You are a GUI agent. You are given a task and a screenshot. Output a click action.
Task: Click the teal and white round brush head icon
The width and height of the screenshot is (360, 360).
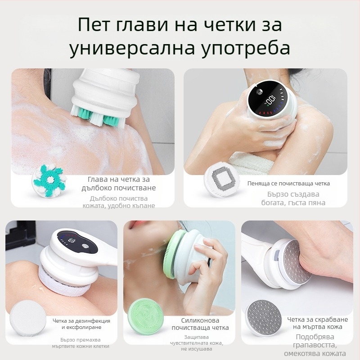[x=49, y=181]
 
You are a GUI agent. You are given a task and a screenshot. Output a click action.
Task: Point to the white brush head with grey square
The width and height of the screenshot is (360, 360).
[x=222, y=182]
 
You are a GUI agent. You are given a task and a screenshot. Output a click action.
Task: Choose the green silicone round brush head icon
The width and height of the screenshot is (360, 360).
[x=145, y=318]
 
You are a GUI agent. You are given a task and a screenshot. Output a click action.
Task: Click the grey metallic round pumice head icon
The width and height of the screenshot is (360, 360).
[x=263, y=318]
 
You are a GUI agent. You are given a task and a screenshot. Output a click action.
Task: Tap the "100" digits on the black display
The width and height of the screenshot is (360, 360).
[x=270, y=101]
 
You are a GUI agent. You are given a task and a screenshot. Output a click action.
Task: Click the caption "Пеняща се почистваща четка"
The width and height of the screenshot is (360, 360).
[x=288, y=184]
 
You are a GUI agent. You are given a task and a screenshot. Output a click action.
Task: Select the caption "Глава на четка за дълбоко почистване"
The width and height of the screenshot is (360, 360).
[x=119, y=184]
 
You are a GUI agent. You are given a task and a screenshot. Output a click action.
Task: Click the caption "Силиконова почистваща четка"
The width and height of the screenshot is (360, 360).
[x=200, y=324]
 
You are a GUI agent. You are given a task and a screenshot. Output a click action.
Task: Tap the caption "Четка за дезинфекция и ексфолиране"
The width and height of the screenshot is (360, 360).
[x=81, y=324]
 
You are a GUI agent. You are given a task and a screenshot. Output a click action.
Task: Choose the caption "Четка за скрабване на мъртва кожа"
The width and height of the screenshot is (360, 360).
[x=318, y=323]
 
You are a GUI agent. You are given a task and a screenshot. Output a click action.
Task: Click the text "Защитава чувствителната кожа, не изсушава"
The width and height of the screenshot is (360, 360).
[x=197, y=343]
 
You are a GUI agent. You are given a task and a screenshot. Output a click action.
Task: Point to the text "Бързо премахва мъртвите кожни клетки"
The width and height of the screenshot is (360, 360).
[x=81, y=343]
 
